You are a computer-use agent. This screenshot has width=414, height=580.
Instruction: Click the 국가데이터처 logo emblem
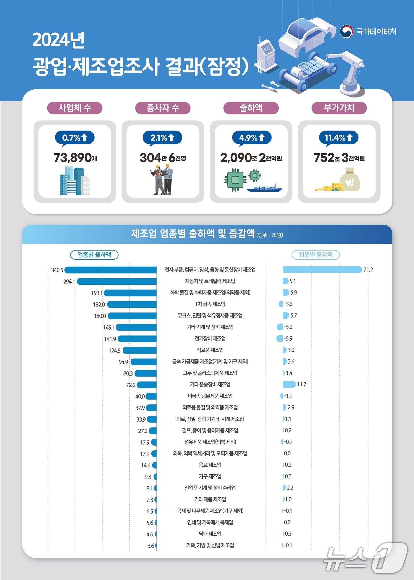click(x=346, y=31)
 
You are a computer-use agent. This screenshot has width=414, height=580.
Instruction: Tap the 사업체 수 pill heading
click(x=75, y=108)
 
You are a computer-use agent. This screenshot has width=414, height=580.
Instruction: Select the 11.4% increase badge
click(x=339, y=138)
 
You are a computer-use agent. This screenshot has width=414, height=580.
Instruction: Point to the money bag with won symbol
click(x=350, y=180)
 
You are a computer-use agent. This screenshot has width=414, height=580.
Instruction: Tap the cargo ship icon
click(x=264, y=188)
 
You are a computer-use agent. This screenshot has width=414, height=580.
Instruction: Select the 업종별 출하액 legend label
click(x=94, y=255)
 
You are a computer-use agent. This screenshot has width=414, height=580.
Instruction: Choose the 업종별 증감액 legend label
click(x=316, y=255)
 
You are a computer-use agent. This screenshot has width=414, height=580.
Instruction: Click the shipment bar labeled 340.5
click(x=111, y=270)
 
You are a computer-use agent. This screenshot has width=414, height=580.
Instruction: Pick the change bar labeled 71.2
click(x=322, y=270)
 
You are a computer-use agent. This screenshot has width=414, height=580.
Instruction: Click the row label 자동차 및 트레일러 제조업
click(x=210, y=281)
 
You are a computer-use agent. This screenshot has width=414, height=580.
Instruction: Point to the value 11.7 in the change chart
click(x=302, y=385)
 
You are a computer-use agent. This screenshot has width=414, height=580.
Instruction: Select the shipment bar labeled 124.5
click(x=140, y=350)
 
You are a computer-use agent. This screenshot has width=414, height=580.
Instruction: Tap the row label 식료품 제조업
click(x=210, y=350)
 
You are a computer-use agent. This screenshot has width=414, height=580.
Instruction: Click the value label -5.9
click(x=288, y=338)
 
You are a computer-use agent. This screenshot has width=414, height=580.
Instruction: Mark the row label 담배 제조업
click(x=210, y=534)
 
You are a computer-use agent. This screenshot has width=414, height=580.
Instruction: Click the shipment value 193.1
click(x=97, y=293)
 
